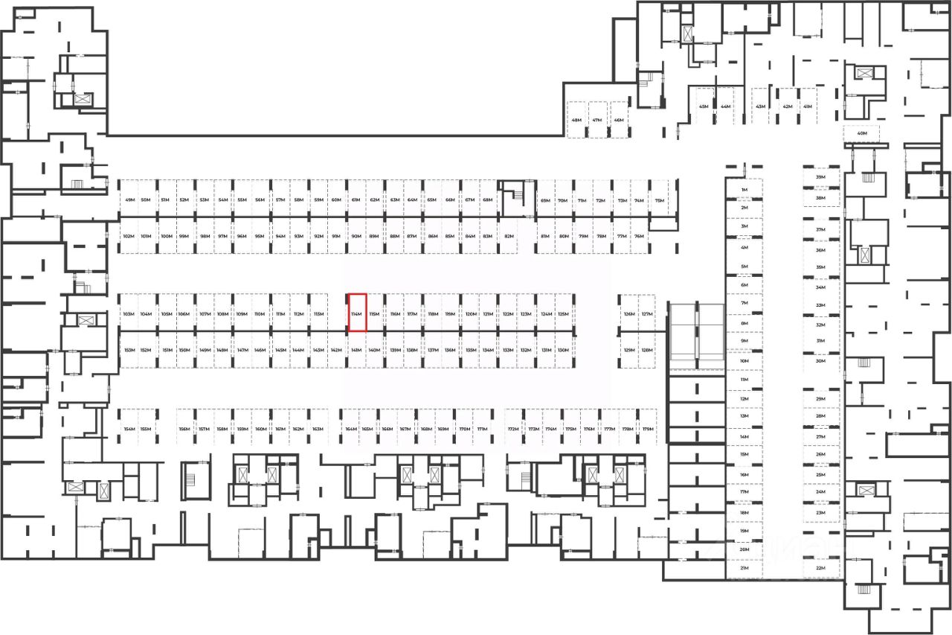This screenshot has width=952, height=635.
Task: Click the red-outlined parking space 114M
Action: coord(358,313)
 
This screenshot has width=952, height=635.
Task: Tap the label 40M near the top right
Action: coord(862,134)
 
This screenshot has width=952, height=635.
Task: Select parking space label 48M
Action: coord(576,121)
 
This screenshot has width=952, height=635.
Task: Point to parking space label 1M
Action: coord(744,191)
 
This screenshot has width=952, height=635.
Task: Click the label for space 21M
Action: coord(744,568)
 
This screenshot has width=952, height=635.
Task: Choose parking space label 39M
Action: coord(821,178)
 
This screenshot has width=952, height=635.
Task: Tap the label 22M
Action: coord(821,568)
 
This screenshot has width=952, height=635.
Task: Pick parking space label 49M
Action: coord(130,201)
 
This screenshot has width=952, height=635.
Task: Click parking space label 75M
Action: coord(659,201)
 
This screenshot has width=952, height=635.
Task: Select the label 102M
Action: coord(128,237)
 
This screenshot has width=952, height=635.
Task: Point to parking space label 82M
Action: coord(509,237)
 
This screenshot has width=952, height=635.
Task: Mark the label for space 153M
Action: coord(129,350)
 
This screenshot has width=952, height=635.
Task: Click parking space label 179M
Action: coord(648,430)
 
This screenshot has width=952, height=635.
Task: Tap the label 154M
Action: coord(129,430)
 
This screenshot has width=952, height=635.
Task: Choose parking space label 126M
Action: coord(629,315)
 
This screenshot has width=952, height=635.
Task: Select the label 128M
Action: coord(646,350)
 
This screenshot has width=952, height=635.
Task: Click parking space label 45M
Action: coord(704,107)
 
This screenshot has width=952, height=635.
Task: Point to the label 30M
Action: coord(821,361)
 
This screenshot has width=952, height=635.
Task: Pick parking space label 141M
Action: coord(356,350)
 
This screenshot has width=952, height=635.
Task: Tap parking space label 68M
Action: coord(488,201)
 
